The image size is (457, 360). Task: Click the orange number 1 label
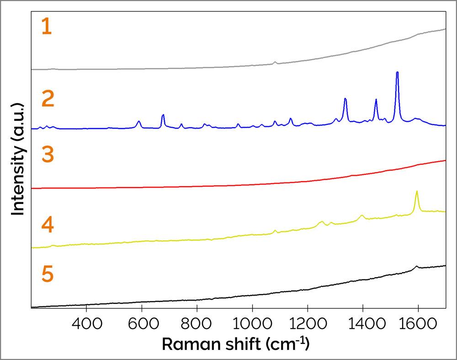coord(47,27)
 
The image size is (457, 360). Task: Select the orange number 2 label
coord(48,99)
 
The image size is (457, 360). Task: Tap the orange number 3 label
coord(48,155)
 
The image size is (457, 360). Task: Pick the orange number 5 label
coord(48,275)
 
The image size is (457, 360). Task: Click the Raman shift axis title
coord(235,343)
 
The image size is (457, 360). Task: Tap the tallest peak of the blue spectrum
coord(397,73)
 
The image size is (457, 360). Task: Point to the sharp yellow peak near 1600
coord(416,192)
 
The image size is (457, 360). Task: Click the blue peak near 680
coord(163,115)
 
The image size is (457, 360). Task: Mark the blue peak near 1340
coord(345,99)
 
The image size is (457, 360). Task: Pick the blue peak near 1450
coord(376,100)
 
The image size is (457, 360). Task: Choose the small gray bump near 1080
coord(275,62)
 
